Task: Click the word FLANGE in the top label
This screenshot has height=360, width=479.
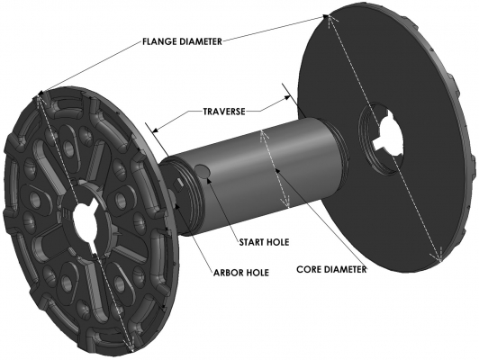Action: (x=163, y=40)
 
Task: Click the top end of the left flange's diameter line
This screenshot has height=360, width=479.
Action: (x=41, y=94)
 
